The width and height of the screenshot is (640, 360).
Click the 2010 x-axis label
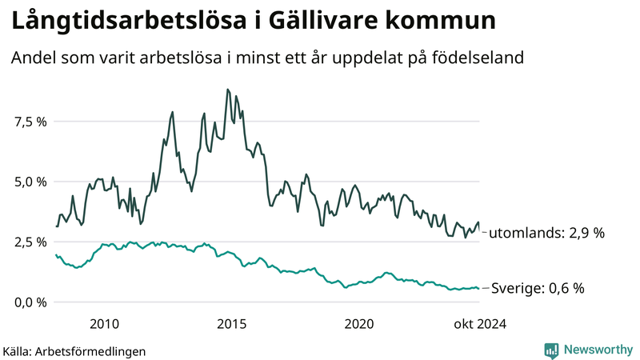point(105,324)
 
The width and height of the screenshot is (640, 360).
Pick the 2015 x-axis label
point(232,324)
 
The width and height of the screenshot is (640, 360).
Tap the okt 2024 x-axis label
point(480,324)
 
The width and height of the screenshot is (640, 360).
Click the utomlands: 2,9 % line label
point(546,233)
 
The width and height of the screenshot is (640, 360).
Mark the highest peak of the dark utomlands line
point(228,90)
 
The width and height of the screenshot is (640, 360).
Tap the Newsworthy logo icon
point(551,350)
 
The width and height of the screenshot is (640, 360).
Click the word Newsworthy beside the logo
point(597,350)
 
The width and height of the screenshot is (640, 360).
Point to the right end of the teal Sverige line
point(479,289)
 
